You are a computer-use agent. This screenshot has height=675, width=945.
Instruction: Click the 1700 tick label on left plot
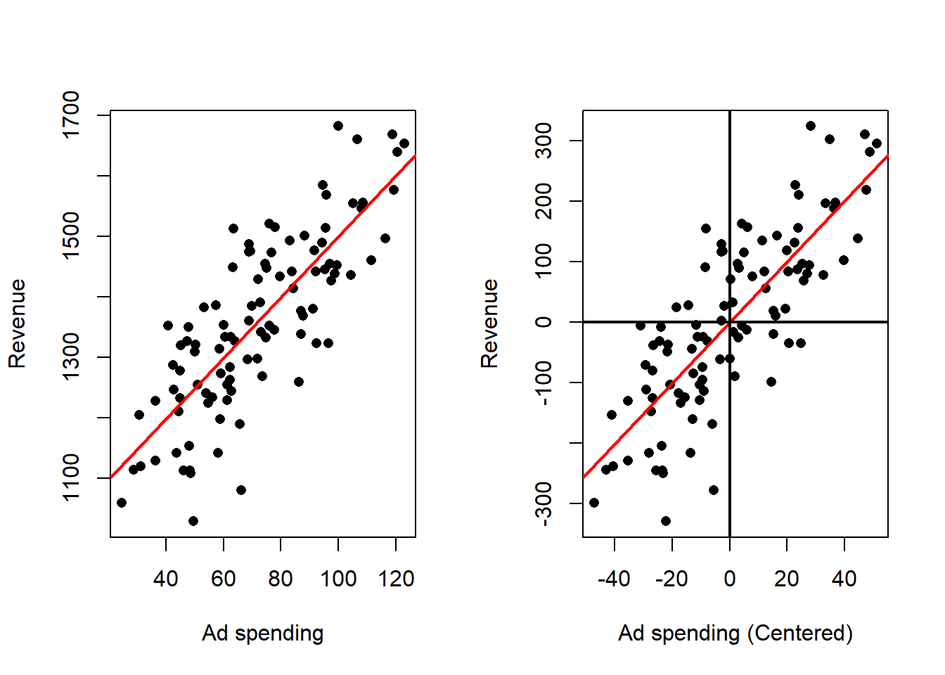(71, 115)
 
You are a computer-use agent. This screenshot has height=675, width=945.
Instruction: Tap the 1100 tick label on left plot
(71, 478)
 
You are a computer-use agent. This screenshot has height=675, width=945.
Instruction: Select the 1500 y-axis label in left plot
(71, 236)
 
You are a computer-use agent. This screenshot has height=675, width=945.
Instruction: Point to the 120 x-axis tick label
(396, 579)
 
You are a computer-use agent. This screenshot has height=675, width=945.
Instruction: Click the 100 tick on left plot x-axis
(338, 579)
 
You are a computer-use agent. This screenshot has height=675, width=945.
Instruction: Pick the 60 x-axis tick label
(224, 579)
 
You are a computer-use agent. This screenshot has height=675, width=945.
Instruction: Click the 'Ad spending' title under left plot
(262, 634)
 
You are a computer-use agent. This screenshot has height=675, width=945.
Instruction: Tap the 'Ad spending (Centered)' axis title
(735, 634)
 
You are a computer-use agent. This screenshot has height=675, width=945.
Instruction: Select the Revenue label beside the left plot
(17, 323)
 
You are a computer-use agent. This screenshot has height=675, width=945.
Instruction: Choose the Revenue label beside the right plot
(489, 323)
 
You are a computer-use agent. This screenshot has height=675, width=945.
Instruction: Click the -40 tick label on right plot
(614, 579)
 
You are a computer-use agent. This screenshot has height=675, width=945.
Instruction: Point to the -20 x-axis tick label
(671, 579)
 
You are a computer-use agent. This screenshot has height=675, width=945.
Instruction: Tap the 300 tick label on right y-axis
(544, 141)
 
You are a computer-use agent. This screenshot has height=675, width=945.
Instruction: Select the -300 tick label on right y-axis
(544, 503)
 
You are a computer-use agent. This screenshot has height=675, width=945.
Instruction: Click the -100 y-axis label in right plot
(544, 383)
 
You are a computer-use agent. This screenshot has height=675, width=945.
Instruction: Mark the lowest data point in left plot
(193, 521)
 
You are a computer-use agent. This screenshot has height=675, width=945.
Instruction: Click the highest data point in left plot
(338, 126)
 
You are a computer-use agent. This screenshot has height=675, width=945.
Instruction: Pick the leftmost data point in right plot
(594, 503)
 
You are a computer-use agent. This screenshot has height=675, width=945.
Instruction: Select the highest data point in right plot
(811, 126)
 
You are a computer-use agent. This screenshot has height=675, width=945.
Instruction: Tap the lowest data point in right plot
(666, 521)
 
